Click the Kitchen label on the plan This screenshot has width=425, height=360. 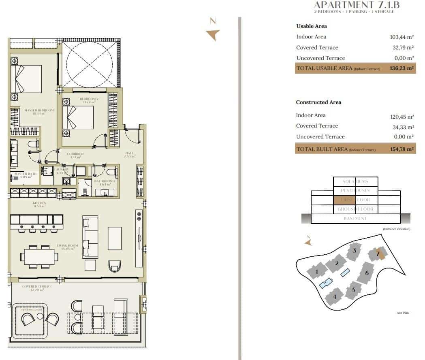pyautogui.click(x=39, y=204)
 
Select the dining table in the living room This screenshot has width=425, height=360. pyautogui.click(x=39, y=256)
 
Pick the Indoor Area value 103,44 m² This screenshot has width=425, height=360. pyautogui.click(x=401, y=37)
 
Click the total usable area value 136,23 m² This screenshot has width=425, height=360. pyautogui.click(x=401, y=68)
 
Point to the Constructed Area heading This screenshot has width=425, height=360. pyautogui.click(x=318, y=102)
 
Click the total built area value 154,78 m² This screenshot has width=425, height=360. pyautogui.click(x=401, y=149)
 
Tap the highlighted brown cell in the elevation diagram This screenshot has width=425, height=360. pyautogui.click(x=344, y=200)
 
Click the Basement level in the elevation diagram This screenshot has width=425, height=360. pyautogui.click(x=355, y=218)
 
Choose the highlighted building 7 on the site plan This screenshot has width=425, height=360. pyautogui.click(x=378, y=254)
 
